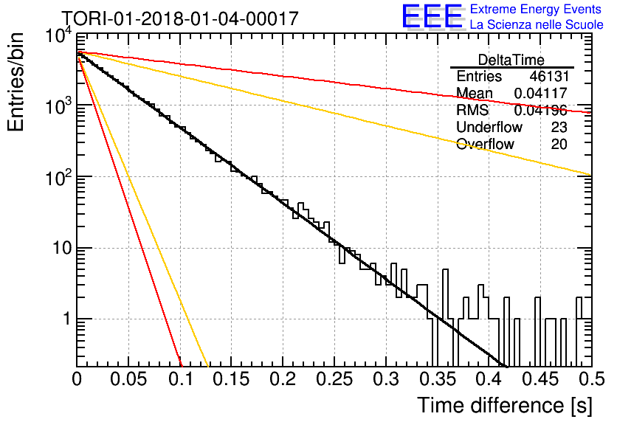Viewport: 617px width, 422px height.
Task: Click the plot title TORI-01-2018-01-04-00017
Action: point(180,18)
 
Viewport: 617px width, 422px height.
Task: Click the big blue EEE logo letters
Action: point(432,16)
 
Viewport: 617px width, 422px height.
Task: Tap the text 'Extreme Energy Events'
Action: point(536,9)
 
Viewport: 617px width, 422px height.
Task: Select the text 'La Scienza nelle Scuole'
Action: point(537,24)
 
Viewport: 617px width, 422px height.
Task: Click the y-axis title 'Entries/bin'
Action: point(15,82)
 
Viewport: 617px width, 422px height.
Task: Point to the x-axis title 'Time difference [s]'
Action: point(505,406)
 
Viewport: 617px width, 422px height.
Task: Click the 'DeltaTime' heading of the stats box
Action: point(511,60)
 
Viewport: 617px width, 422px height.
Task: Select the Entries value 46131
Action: point(549,76)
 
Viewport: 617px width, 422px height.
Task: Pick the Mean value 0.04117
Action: point(541,93)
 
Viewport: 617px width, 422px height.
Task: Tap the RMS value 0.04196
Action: point(541,111)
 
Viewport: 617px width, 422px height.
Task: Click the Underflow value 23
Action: point(559,127)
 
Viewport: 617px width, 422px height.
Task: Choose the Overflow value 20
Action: point(559,145)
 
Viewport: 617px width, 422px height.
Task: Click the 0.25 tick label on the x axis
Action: point(334,379)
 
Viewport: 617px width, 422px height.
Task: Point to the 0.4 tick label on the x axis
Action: point(489,379)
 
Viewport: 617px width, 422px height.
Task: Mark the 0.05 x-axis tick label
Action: point(128,379)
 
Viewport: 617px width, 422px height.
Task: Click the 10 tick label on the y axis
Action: point(62,248)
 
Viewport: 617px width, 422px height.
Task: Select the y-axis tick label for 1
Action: point(67,319)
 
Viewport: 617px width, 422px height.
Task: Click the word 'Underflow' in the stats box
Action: point(489,127)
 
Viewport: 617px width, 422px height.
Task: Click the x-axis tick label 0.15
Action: point(232,379)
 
